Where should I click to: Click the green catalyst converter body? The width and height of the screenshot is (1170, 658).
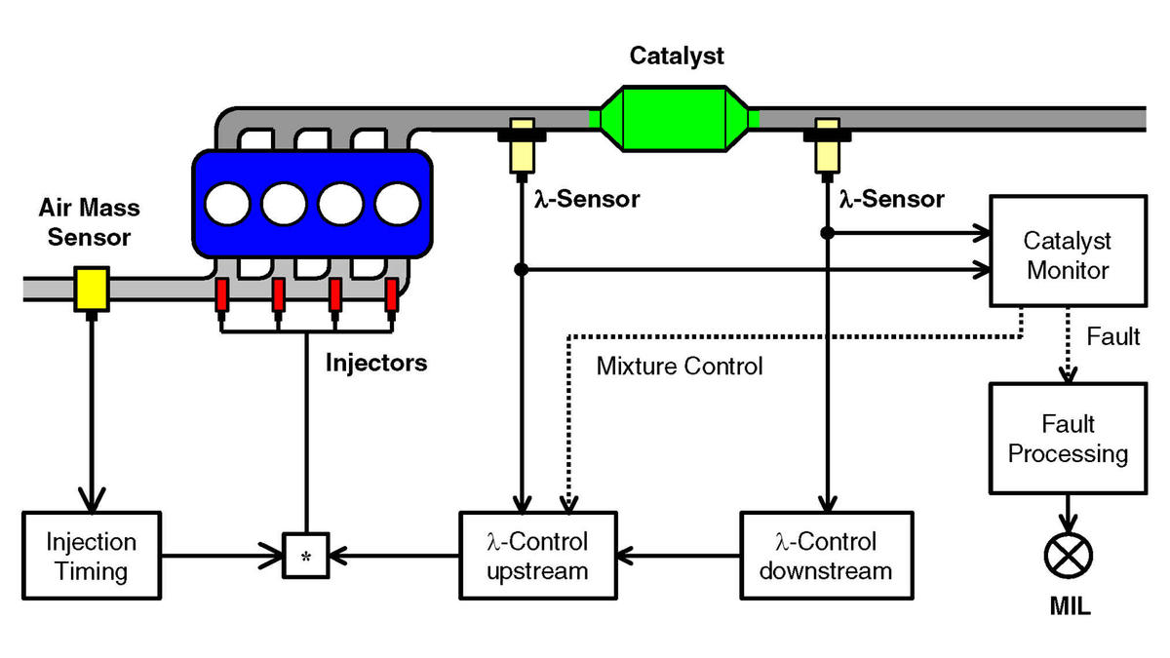674,119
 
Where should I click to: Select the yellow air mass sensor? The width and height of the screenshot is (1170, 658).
92,289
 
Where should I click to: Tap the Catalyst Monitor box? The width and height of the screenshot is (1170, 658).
1069,251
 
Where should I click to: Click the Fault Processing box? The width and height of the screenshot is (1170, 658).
1069,439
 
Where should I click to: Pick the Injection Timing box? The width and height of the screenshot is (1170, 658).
92,556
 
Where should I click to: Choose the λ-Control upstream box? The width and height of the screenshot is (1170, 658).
538,556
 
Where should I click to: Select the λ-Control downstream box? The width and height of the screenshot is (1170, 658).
827,556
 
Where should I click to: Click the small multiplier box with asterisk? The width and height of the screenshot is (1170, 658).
306,556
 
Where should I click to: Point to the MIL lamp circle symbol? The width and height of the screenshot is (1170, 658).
1069,556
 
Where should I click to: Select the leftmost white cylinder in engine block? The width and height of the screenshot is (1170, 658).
227,204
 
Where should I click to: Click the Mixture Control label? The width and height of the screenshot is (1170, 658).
680,367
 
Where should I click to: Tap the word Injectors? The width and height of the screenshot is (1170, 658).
376,363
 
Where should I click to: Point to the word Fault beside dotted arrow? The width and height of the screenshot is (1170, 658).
1113,336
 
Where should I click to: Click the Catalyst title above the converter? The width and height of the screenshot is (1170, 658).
677,57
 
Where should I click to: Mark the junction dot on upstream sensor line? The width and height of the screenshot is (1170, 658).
522,269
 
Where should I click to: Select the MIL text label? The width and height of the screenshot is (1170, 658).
1071,606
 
